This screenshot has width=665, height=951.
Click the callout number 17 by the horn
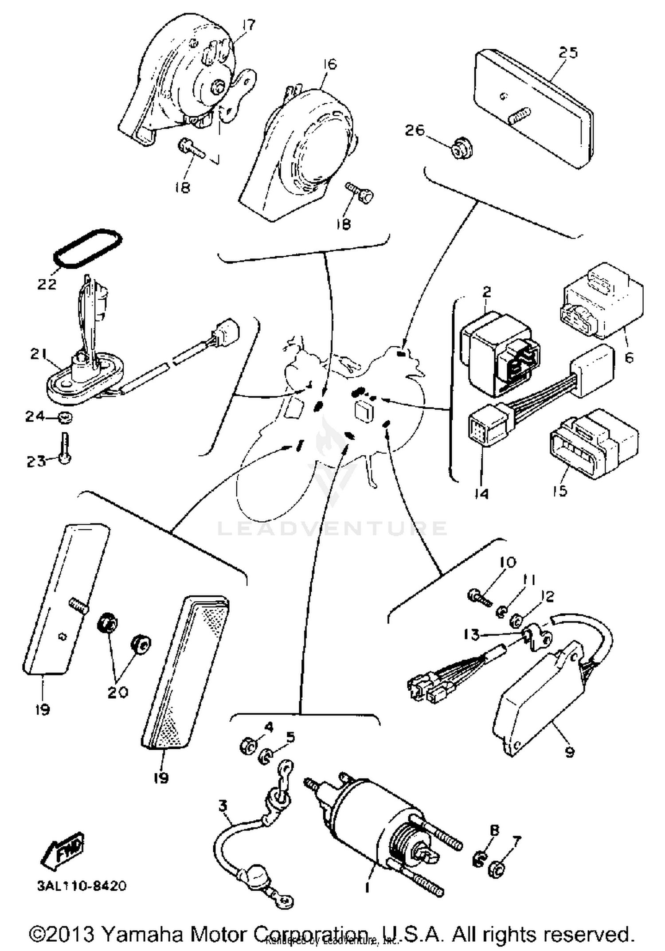(249, 25)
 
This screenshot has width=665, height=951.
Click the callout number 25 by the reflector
(568, 53)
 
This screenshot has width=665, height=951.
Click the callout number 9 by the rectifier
(569, 751)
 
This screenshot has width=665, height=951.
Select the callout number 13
(471, 635)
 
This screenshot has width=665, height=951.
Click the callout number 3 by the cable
(223, 805)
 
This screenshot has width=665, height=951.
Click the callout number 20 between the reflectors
(118, 692)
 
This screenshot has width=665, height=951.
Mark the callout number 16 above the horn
(329, 64)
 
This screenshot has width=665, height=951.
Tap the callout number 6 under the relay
(629, 357)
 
